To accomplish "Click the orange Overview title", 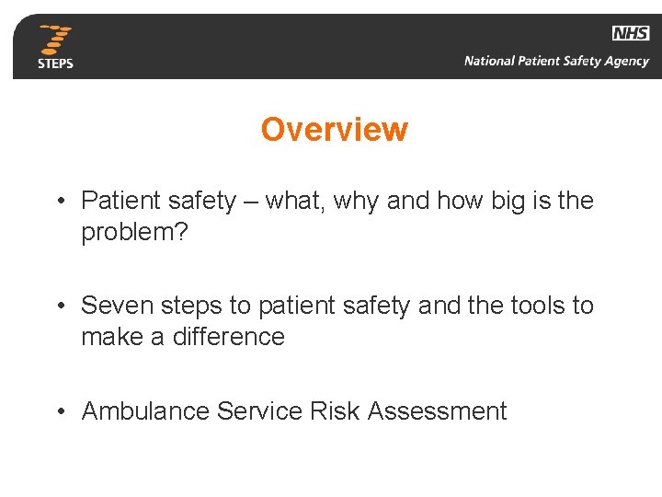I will point(334,129).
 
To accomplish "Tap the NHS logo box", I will point(631,33).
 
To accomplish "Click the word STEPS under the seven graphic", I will point(56,64).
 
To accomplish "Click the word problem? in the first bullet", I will point(134,232).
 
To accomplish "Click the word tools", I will point(537,305).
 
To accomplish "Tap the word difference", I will point(228,337).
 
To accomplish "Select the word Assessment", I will point(437,410).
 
